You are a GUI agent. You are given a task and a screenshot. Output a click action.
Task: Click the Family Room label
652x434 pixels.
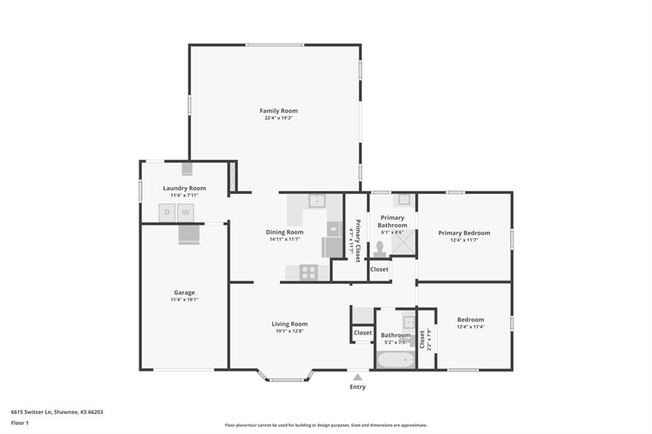pos(279,111)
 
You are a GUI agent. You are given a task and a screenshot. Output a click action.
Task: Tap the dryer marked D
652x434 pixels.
pos(167,213)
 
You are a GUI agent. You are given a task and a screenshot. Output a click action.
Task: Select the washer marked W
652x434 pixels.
pos(185,213)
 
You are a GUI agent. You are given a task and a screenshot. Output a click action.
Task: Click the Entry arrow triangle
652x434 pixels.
pos(357,377)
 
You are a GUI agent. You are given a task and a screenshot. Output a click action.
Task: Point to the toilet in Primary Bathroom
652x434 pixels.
pos(379,249)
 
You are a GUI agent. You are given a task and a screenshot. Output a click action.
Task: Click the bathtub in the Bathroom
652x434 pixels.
pos(396,360)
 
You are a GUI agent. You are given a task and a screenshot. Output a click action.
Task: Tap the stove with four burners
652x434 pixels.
pos(309,273)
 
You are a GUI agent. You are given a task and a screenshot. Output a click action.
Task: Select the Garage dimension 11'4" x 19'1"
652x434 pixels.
pos(184,299)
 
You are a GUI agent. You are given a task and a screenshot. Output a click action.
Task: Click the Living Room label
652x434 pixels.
pos(290,324)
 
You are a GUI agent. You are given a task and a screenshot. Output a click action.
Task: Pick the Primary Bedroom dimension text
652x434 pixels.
pos(464,240)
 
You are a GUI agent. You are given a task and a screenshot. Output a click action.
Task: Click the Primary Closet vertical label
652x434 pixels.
pos(357,241)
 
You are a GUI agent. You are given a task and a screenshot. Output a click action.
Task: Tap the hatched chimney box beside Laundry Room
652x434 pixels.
pos(233,176)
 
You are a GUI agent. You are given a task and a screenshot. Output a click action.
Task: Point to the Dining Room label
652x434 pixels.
pos(285,232)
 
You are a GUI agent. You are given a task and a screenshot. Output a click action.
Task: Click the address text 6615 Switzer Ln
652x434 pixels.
pos(31,412)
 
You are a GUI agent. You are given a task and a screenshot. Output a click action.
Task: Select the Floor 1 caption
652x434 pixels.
pos(20,423)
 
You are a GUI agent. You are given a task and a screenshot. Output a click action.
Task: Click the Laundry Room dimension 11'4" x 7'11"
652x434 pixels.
pos(184,195)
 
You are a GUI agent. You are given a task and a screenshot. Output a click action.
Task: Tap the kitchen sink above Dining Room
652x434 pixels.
pos(317,201)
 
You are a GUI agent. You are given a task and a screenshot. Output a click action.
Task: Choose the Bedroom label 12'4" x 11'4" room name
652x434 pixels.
pos(471,319)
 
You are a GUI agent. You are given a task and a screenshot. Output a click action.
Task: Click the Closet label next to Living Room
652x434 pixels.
pos(362,333)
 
